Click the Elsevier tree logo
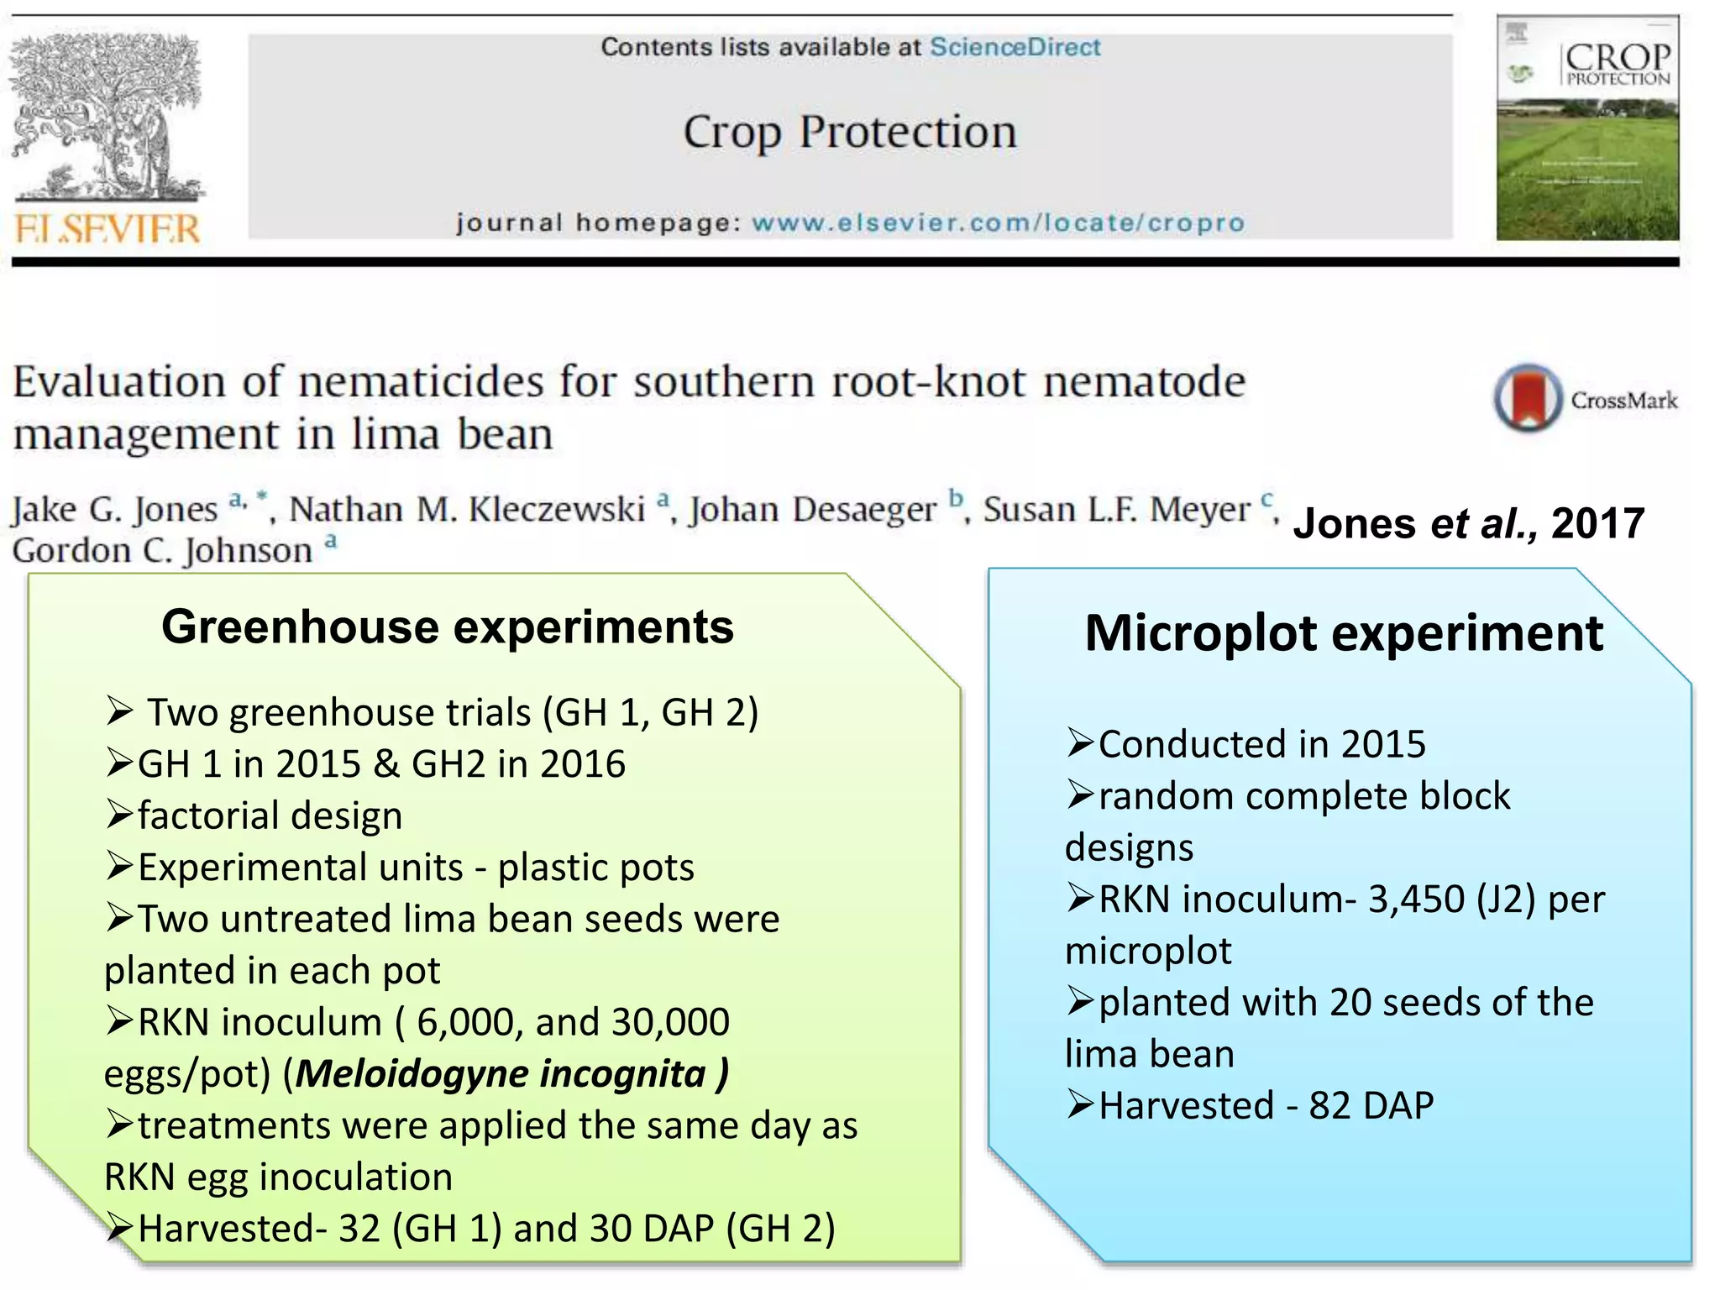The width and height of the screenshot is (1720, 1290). (107, 118)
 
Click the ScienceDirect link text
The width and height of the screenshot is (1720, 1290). (1015, 47)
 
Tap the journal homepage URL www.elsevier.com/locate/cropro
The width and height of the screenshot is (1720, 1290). (998, 223)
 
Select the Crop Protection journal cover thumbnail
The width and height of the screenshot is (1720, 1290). (1587, 128)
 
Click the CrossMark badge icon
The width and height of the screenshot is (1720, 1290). (1528, 397)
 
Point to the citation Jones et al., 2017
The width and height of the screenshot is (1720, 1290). (1468, 523)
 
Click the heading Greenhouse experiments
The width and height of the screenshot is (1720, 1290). (448, 627)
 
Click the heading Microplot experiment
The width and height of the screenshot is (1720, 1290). (1344, 632)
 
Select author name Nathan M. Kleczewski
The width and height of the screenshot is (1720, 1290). (467, 509)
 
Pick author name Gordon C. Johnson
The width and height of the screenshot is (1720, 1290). (163, 551)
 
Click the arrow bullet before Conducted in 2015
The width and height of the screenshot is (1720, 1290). (1080, 743)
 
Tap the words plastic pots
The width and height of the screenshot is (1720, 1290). (596, 868)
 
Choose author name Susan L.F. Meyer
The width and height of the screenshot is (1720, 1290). (1117, 509)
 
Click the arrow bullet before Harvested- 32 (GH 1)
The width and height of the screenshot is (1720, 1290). (120, 1228)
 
